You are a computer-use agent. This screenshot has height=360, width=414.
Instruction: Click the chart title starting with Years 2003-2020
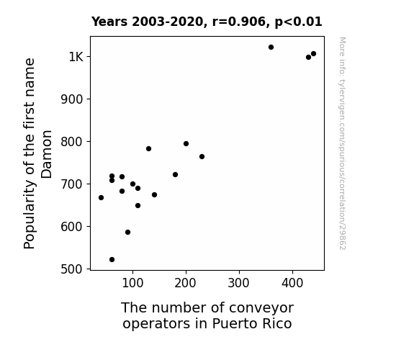click(207, 22)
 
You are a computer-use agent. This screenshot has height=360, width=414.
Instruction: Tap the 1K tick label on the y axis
click(76, 57)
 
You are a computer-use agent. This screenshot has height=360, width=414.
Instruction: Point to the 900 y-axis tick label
click(72, 99)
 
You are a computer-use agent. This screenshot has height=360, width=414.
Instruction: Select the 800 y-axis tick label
click(72, 142)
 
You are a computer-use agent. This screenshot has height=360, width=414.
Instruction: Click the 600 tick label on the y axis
click(72, 227)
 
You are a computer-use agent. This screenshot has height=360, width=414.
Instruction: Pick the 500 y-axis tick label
click(72, 269)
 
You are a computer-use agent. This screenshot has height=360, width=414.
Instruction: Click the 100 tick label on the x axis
click(132, 283)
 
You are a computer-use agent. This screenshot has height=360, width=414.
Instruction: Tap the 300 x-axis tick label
click(239, 283)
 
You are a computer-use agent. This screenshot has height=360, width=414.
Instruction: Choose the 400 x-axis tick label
click(292, 283)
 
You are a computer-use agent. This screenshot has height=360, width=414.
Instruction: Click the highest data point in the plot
click(271, 48)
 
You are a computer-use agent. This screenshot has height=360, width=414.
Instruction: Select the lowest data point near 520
click(112, 260)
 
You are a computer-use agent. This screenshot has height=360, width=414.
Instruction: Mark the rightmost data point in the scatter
click(313, 54)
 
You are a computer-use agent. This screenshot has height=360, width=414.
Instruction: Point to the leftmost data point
click(101, 197)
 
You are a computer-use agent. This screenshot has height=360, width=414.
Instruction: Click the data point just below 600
click(127, 232)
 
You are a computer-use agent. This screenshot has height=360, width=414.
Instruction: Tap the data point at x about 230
click(202, 157)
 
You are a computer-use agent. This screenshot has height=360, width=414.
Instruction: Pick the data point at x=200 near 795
click(186, 144)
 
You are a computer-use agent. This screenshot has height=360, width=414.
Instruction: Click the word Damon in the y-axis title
click(47, 154)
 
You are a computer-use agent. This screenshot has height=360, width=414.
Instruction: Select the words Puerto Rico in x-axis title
click(252, 323)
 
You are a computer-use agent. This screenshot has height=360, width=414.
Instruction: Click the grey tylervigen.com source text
click(342, 143)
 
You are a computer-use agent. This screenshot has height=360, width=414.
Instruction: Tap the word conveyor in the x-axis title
click(261, 308)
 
